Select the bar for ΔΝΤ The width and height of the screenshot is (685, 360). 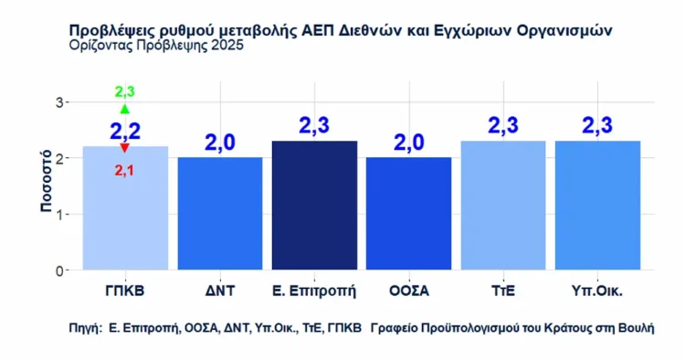[x=219, y=215]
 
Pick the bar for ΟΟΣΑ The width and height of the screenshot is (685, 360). [x=408, y=215]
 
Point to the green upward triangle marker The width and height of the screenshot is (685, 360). [x=125, y=109]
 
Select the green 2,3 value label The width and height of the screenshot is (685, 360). [x=125, y=92]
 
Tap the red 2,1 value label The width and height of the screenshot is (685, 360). [x=125, y=169]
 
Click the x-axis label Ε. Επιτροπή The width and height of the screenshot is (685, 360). [x=314, y=291]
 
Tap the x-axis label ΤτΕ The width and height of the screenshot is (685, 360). [x=503, y=291]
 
